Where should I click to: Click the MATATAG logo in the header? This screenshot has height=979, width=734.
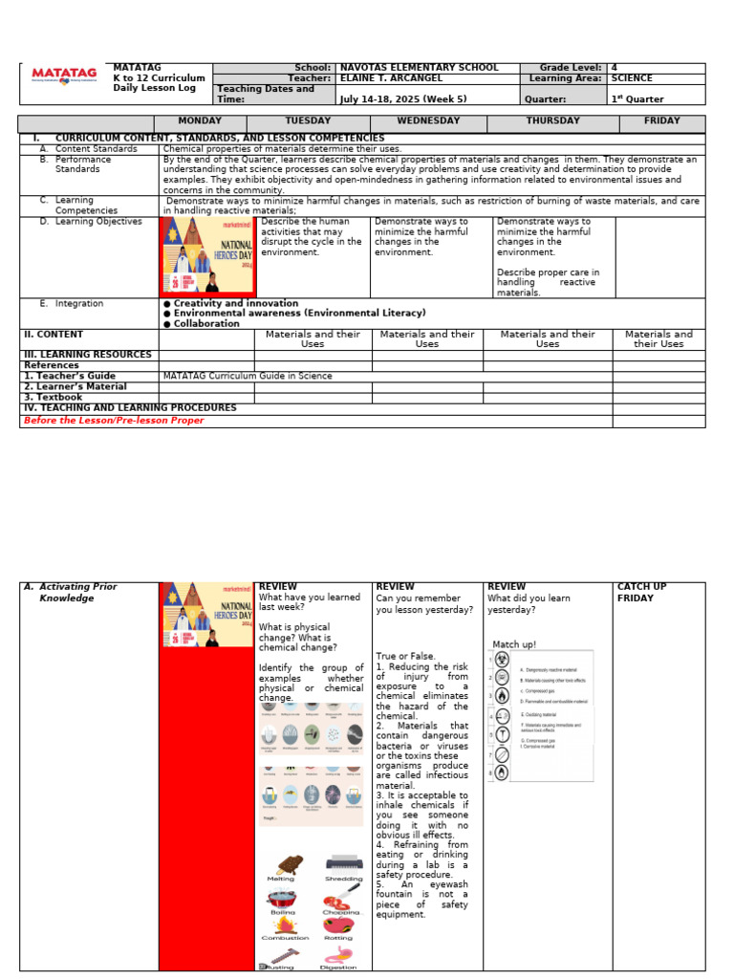click(x=64, y=75)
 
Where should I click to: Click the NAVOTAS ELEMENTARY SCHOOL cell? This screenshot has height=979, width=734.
click(x=419, y=68)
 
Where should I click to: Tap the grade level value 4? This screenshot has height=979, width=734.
click(x=614, y=68)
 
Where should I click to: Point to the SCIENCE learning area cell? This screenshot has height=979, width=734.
click(x=632, y=79)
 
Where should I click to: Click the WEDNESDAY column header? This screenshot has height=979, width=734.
click(x=428, y=121)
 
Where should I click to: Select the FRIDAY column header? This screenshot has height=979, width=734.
click(x=661, y=121)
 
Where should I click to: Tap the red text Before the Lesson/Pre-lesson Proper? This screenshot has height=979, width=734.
click(x=113, y=421)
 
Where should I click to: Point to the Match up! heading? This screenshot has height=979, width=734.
click(x=514, y=644)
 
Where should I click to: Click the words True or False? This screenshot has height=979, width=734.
click(x=405, y=656)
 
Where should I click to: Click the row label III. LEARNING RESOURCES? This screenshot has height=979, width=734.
click(x=87, y=355)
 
